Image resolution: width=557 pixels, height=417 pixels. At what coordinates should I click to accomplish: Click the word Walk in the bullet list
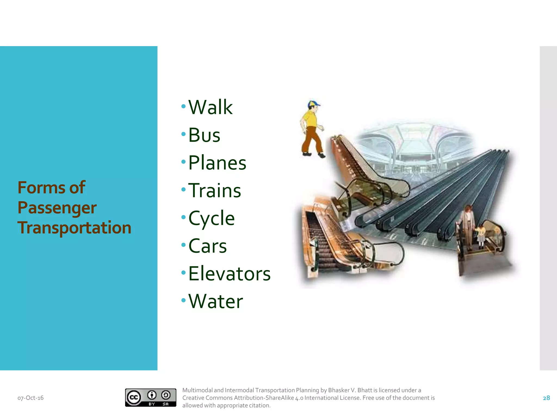point(210,107)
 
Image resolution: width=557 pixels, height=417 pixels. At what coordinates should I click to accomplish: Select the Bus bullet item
point(204,135)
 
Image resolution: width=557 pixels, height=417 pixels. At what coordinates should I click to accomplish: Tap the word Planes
point(217,163)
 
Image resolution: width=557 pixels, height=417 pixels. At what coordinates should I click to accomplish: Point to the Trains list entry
point(215,191)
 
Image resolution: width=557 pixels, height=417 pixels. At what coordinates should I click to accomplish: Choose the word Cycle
point(211,219)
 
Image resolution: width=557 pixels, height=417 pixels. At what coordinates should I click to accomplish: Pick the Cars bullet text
point(208,246)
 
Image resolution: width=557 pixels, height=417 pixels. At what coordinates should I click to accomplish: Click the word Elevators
point(229,274)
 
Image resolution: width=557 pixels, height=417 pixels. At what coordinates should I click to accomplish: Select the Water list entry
point(215,301)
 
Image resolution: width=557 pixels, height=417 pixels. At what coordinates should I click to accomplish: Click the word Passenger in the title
point(57,208)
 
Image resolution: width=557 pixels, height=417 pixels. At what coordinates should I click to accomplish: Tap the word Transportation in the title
point(74,228)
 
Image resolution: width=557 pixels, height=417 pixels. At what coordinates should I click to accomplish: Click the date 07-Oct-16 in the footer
point(30,398)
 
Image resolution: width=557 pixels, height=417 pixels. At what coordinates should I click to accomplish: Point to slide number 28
point(546,398)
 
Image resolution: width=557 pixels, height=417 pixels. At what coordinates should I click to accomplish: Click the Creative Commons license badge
point(150,397)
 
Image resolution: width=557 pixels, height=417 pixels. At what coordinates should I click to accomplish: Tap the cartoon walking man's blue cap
point(314,103)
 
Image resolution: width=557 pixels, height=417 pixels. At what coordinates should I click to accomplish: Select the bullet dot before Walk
point(184,106)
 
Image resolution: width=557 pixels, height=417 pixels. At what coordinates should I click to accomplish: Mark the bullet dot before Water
point(184,300)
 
